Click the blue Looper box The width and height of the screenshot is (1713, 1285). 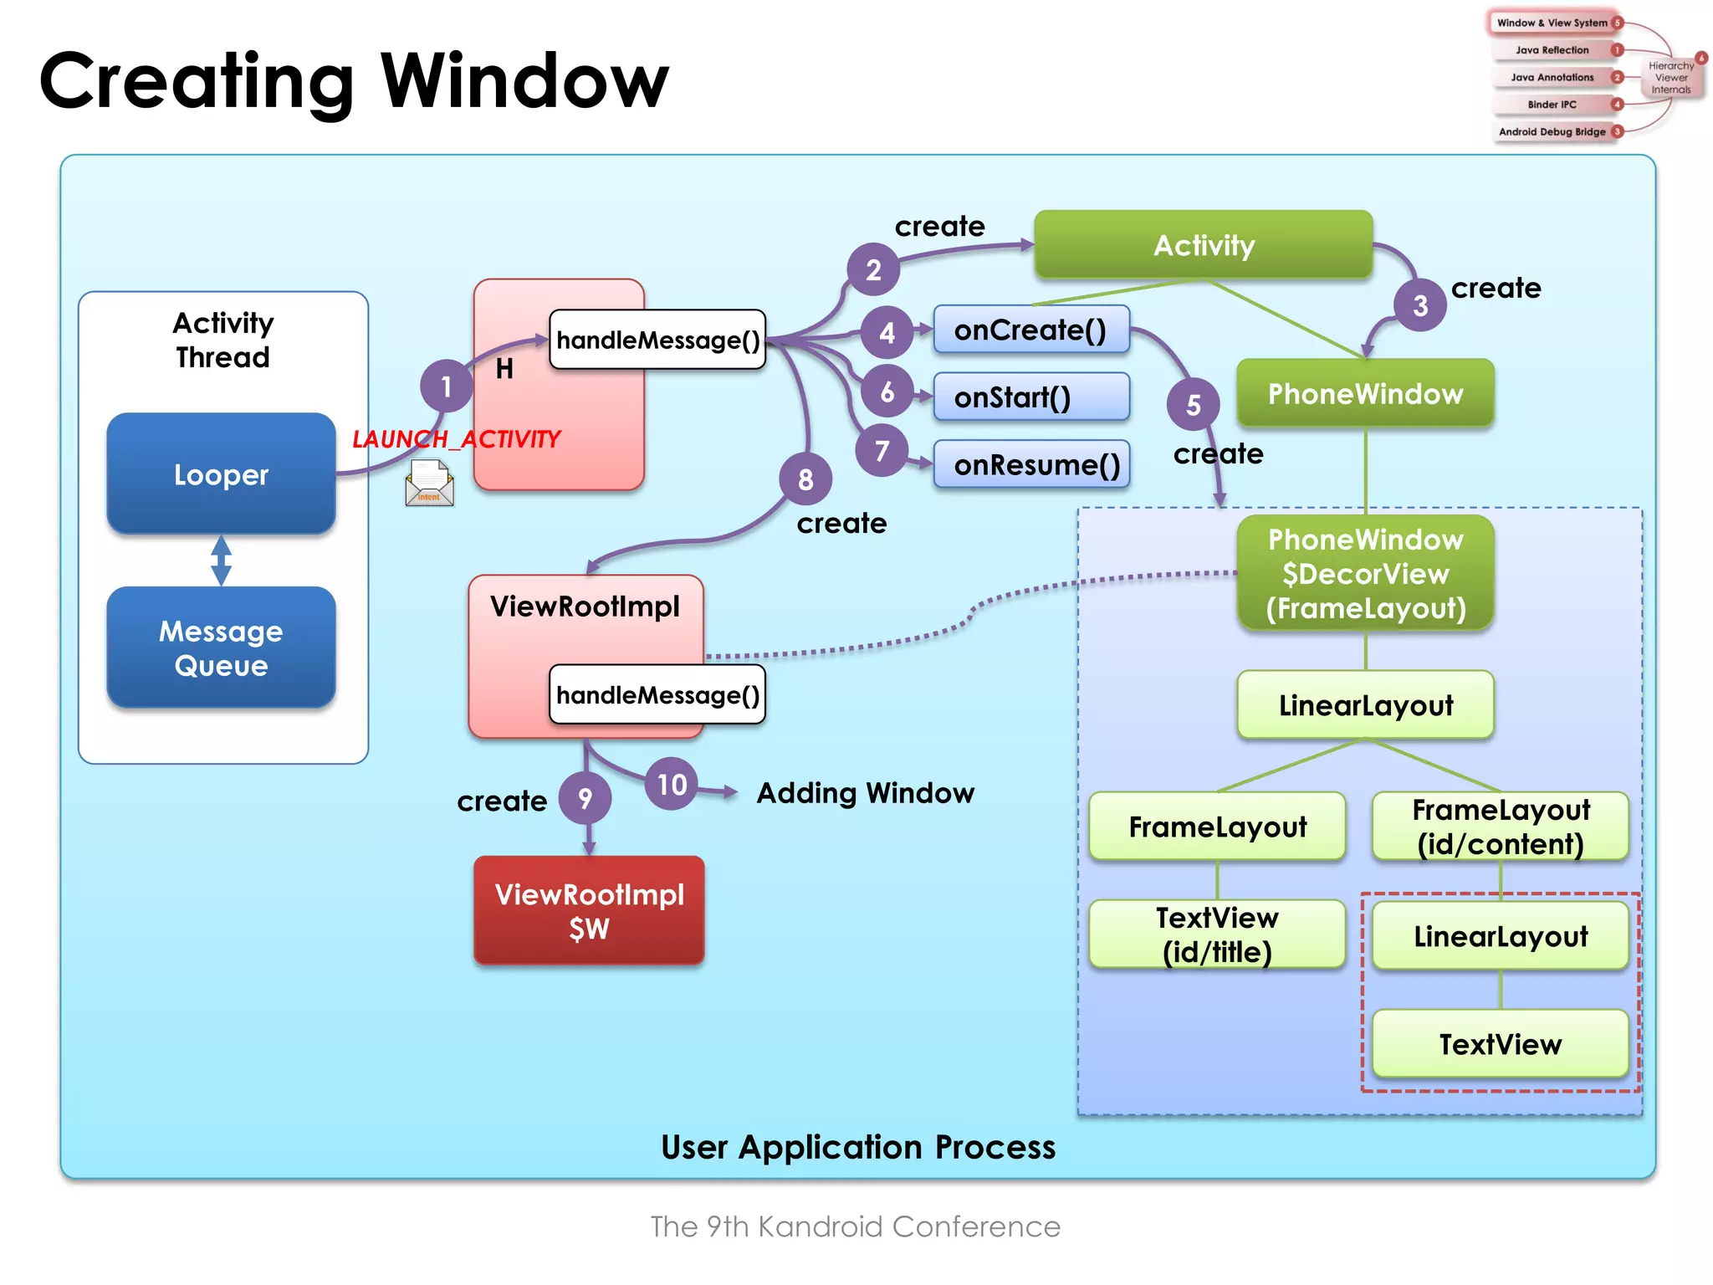[x=221, y=474]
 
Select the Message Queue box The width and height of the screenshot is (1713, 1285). [x=221, y=648]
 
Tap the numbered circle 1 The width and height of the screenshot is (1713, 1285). [x=446, y=386]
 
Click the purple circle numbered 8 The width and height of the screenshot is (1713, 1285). [x=805, y=479]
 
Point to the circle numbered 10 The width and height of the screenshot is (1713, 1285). [x=672, y=784]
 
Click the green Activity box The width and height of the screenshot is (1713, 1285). [x=1203, y=245]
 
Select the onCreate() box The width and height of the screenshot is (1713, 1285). [x=1030, y=330]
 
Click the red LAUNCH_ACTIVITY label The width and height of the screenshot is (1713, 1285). [x=457, y=438]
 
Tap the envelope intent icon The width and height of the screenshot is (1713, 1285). [x=429, y=484]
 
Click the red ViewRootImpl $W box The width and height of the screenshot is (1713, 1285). [x=589, y=910]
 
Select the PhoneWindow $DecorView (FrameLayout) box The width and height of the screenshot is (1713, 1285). [x=1365, y=574]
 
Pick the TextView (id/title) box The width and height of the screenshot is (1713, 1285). [x=1217, y=934]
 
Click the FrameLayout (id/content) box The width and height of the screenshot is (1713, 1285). [x=1501, y=827]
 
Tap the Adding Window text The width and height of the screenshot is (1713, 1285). [x=865, y=792]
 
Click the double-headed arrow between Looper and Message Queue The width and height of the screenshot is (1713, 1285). [x=221, y=560]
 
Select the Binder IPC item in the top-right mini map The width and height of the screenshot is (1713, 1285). [x=1552, y=105]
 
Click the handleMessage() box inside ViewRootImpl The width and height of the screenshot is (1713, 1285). [x=657, y=694]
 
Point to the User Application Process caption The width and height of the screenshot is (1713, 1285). [x=858, y=1147]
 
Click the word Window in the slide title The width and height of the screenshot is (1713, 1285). [x=524, y=81]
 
